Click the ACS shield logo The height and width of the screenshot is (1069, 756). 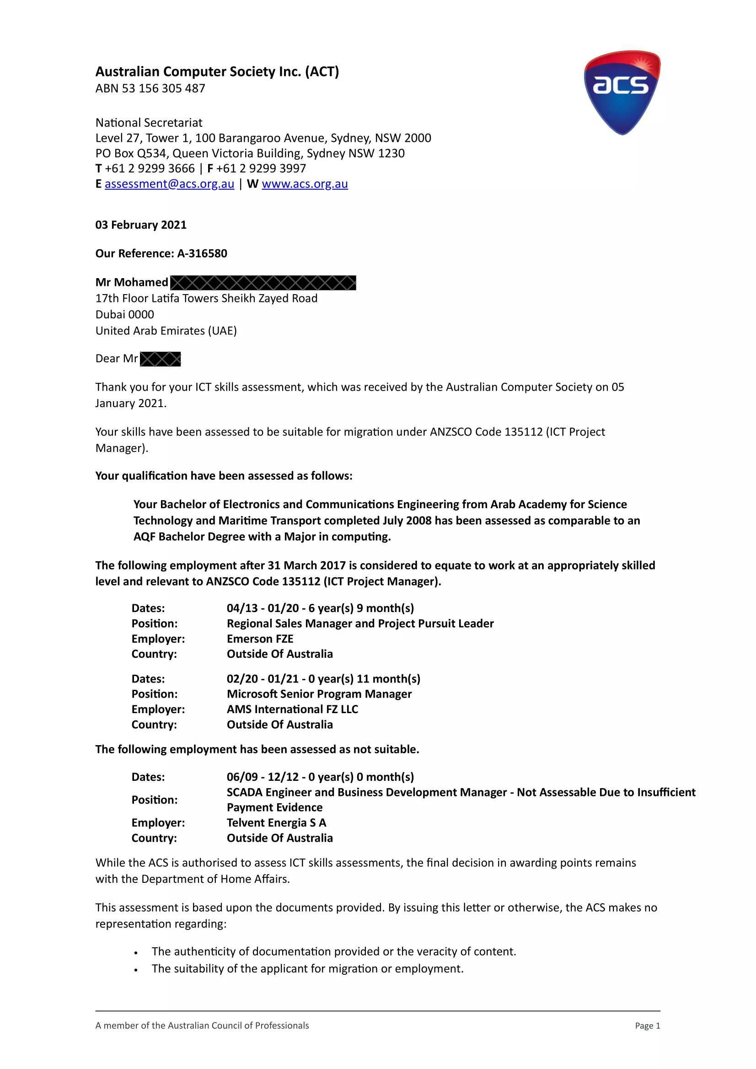point(622,92)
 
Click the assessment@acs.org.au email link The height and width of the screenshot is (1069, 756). point(169,184)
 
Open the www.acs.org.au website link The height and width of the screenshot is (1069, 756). point(305,184)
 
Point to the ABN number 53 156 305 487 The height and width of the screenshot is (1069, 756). point(163,88)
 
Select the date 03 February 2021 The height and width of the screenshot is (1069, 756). point(140,225)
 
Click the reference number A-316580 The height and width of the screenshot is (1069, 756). point(202,253)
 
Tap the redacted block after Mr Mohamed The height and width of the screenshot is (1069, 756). point(263,283)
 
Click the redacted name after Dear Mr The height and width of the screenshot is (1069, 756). point(160,359)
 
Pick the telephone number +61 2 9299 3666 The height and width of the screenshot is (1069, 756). point(150,168)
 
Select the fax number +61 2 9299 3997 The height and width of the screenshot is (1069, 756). point(261,168)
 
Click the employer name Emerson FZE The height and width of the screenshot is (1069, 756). point(260,639)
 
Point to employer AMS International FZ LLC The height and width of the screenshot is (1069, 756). point(292,709)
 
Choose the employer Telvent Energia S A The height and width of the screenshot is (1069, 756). point(276,823)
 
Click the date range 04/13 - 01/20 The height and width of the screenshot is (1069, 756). point(263,608)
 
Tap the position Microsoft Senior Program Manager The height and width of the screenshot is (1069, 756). point(319,694)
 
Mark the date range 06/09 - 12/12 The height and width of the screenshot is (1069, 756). point(263,777)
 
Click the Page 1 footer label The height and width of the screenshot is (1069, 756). point(647,1026)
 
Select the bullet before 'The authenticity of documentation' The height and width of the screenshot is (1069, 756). point(135,953)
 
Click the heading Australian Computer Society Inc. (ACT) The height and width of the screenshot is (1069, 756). point(217,72)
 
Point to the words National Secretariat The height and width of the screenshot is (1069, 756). point(149,123)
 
